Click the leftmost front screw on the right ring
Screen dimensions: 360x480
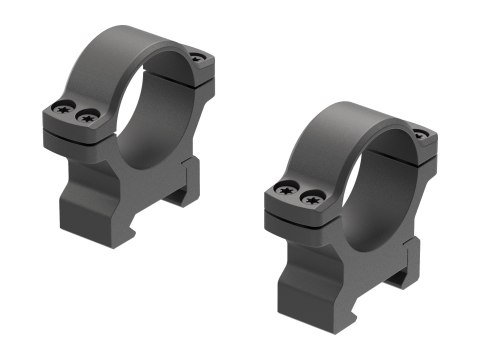click(288, 187)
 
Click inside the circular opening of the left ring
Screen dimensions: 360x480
click(155, 120)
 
